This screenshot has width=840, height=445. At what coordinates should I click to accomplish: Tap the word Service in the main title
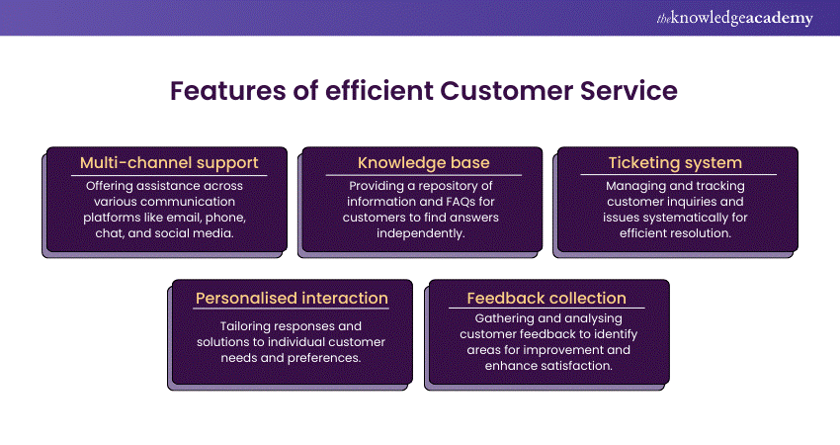626,90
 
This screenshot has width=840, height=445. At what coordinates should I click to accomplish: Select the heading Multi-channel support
168,162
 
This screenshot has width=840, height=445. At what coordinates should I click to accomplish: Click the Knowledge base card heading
423,162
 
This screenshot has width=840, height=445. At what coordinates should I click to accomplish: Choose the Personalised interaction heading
292,297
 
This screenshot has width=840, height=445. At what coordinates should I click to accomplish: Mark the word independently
422,232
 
